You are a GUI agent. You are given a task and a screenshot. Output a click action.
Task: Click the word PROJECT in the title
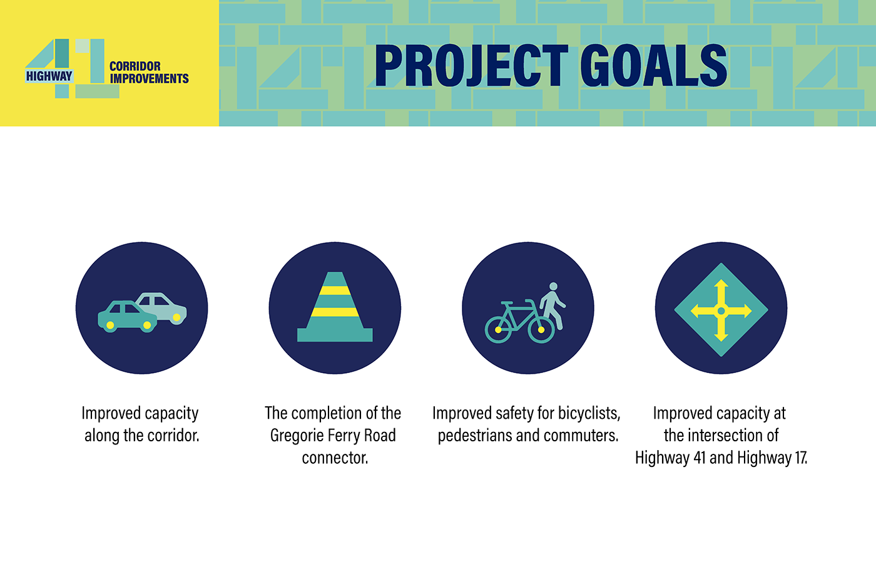pyautogui.click(x=472, y=65)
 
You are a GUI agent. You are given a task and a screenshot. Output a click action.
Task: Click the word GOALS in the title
pyautogui.click(x=654, y=65)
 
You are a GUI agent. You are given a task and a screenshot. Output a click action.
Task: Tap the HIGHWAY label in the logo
pyautogui.click(x=49, y=76)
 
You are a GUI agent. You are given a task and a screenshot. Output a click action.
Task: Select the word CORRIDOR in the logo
pyautogui.click(x=135, y=66)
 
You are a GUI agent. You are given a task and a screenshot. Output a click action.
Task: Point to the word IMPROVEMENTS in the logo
pyautogui.click(x=149, y=79)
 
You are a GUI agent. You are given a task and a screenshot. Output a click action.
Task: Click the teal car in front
pyautogui.click(x=127, y=317)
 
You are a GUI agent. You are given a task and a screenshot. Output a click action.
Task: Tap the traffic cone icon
pyautogui.click(x=335, y=307)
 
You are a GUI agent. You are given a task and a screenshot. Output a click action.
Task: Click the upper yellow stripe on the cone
pyautogui.click(x=335, y=290)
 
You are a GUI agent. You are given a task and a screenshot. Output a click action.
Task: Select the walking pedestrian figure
pyautogui.click(x=553, y=305)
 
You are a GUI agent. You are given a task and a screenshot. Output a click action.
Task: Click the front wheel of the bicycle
pyautogui.click(x=541, y=330)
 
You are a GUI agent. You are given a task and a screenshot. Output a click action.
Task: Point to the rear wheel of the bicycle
pyautogui.click(x=498, y=330)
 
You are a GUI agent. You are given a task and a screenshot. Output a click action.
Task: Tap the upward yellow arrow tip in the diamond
pyautogui.click(x=721, y=280)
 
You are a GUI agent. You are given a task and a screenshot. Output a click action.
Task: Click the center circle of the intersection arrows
pyautogui.click(x=721, y=311)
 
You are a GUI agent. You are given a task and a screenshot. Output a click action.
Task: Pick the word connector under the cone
pyautogui.click(x=335, y=458)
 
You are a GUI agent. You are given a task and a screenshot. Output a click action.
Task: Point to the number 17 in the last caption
pyautogui.click(x=800, y=458)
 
